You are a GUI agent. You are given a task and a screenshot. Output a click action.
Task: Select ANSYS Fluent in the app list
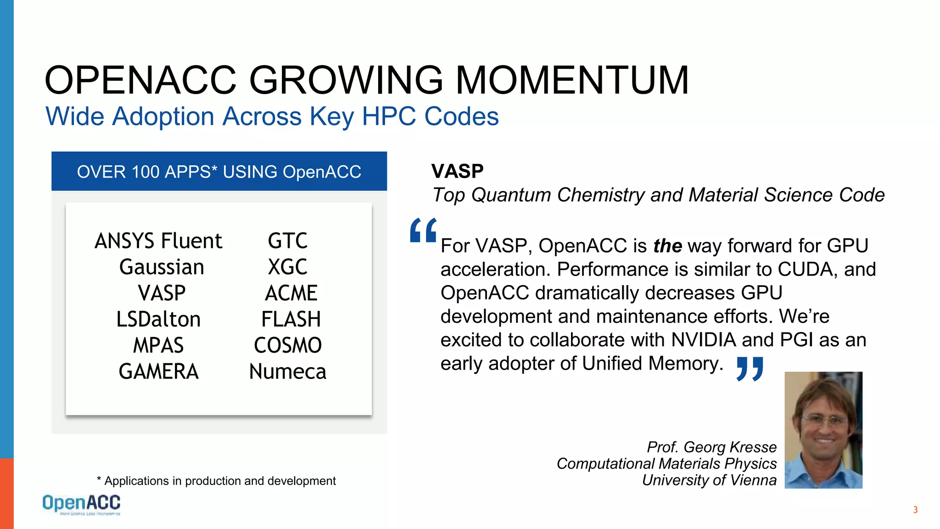pos(158,241)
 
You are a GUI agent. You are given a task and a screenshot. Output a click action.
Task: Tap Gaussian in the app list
pos(162,267)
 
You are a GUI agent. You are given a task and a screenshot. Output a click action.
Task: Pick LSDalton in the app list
pos(158,320)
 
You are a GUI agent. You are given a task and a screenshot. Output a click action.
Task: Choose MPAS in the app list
pos(158,346)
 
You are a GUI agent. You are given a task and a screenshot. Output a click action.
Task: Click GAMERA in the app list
pos(158,371)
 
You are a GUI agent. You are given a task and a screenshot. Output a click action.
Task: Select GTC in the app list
pos(288,241)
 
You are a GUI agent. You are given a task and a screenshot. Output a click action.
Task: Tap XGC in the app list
pos(288,267)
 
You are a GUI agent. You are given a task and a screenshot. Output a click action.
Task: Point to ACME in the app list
pos(291,293)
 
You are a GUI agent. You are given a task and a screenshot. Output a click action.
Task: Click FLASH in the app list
pos(291,320)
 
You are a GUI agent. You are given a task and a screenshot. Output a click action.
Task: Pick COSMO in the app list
pos(288,346)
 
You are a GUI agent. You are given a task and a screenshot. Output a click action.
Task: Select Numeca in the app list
pos(288,371)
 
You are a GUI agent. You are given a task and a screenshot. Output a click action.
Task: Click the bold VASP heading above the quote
pos(457,171)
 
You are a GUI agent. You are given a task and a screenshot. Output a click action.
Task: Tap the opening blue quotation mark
pos(423,231)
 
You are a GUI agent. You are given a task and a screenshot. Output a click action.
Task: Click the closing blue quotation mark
pos(750,369)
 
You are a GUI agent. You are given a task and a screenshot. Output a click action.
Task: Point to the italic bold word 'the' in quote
pos(667,246)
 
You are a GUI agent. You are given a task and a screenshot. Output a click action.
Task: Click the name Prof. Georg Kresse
pos(711,447)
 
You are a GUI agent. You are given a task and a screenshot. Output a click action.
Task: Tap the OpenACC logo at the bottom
pos(81,504)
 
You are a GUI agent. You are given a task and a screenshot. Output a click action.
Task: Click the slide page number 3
pos(915,510)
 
